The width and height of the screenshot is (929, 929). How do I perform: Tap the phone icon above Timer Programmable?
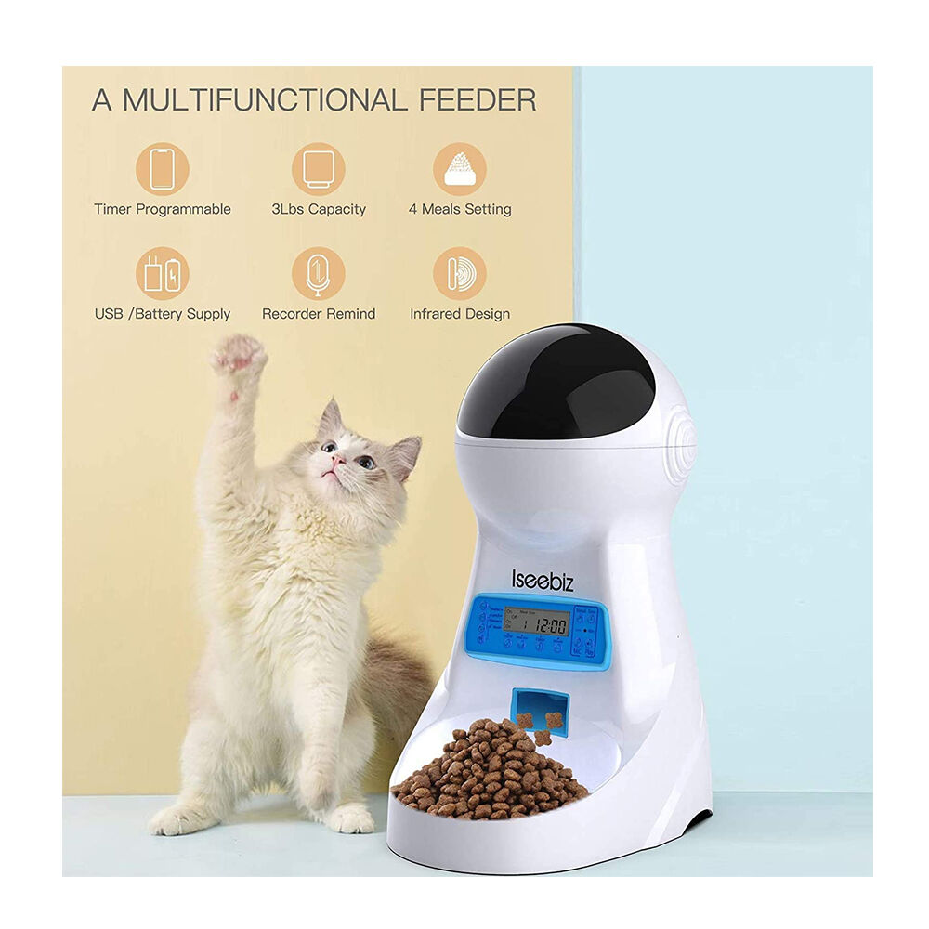(x=163, y=168)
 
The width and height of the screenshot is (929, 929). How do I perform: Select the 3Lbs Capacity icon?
(x=318, y=168)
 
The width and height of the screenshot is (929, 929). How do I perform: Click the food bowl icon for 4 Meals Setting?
(x=459, y=168)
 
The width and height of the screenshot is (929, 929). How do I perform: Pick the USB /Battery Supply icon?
(x=163, y=273)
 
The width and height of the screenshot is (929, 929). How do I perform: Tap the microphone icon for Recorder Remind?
(x=318, y=273)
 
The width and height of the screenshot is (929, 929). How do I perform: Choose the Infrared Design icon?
(x=459, y=273)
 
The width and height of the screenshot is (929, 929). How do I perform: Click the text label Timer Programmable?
(x=163, y=210)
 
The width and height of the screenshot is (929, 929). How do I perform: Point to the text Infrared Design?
(x=459, y=314)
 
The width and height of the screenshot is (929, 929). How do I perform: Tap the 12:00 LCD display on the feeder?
(x=542, y=623)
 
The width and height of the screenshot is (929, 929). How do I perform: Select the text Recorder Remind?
(x=318, y=314)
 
